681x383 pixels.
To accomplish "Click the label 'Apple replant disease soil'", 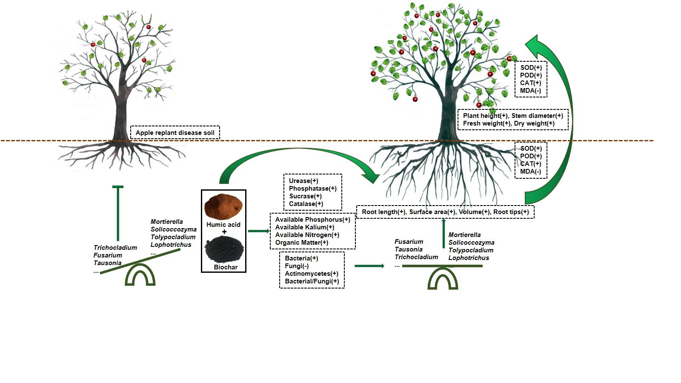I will (x=175, y=133).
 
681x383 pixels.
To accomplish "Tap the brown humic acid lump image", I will (x=223, y=207).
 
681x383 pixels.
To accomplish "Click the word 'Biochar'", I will (x=226, y=267).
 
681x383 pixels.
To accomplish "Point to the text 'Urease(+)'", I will (x=303, y=181).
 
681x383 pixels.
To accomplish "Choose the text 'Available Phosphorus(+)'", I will (x=312, y=220).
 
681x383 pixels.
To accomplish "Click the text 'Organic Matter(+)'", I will (x=302, y=243).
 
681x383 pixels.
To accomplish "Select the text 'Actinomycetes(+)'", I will (x=312, y=274).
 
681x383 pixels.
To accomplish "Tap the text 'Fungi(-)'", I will (x=297, y=266).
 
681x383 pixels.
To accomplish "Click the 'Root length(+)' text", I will (x=383, y=212).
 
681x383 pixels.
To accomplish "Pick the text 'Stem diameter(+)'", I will (x=537, y=116).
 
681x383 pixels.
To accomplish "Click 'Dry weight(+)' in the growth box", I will (x=534, y=123).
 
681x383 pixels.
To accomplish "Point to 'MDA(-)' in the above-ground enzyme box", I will (x=531, y=91).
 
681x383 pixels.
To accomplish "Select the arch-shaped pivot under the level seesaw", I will (x=443, y=279).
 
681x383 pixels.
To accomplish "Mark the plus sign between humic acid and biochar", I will (x=224, y=232).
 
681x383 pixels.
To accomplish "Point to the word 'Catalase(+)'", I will (x=306, y=204).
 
